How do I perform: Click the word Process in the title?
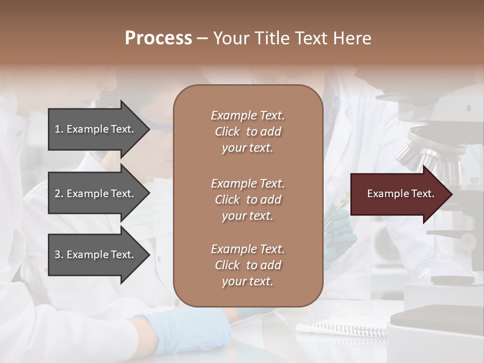pos(158,38)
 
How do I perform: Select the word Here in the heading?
pos(351,38)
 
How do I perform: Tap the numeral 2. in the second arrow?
pos(58,194)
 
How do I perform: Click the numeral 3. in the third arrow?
pos(58,255)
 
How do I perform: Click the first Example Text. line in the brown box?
pos(248,115)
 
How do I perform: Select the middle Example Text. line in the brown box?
pos(248,183)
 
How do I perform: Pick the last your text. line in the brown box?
pos(248,281)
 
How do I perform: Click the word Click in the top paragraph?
pos(227,132)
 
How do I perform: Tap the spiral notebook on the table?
pos(343,330)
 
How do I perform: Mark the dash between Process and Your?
pos(202,38)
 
